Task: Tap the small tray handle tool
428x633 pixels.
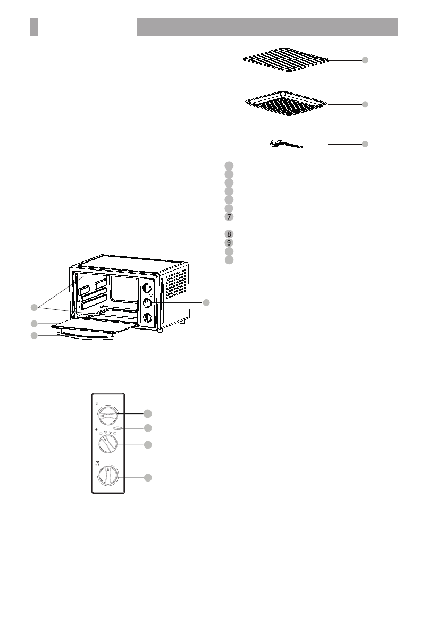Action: [284, 144]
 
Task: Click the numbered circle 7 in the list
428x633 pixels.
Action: [228, 217]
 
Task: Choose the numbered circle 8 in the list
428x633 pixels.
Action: [228, 234]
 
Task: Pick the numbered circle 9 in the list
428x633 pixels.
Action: [228, 242]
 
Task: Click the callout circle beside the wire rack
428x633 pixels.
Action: [365, 61]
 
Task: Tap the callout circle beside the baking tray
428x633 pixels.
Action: [365, 105]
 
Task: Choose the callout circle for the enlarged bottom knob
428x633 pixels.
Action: [149, 478]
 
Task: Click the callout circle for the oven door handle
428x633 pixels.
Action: [34, 336]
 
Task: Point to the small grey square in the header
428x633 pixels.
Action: [34, 27]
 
